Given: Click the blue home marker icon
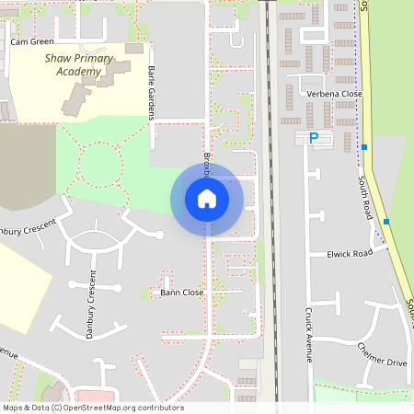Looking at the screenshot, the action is (x=207, y=199).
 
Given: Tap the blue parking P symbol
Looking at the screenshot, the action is (x=313, y=138).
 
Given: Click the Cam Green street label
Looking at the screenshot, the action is (x=32, y=41).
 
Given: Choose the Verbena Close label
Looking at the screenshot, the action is (x=334, y=94).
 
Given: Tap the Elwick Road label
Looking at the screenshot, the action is (x=350, y=253).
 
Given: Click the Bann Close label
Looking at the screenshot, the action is (x=181, y=293).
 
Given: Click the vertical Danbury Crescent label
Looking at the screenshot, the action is (x=91, y=305).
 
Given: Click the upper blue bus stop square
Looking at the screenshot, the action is (x=364, y=147).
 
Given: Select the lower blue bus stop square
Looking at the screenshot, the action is (x=386, y=222).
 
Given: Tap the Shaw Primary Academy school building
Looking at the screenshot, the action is (x=97, y=87).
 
